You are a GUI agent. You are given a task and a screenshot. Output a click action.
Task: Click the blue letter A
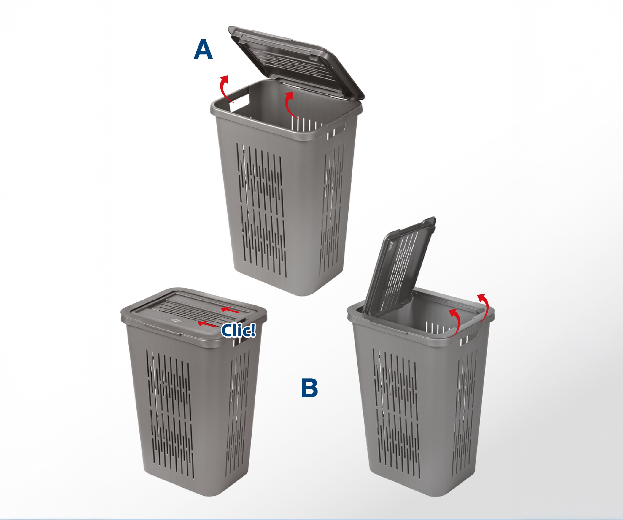point(203,49)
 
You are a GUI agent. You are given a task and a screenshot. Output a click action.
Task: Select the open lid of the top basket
point(296,62)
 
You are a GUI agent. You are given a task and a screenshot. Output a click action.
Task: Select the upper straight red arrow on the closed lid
point(230,310)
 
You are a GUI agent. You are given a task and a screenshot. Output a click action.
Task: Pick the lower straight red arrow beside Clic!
point(207,324)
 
